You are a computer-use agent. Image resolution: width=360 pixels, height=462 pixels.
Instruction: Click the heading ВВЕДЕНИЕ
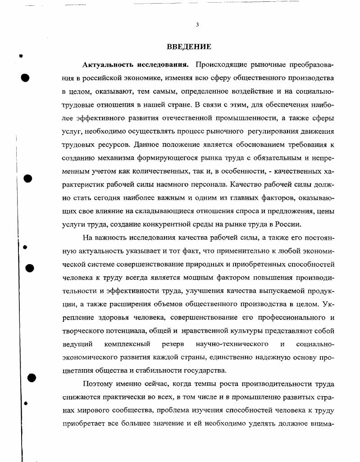(x=189, y=46)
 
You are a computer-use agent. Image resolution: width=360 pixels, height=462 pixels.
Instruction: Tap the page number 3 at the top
(x=197, y=25)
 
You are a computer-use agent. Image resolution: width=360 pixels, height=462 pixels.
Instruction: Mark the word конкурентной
(x=154, y=224)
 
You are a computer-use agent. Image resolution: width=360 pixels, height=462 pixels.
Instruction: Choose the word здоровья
(x=102, y=317)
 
